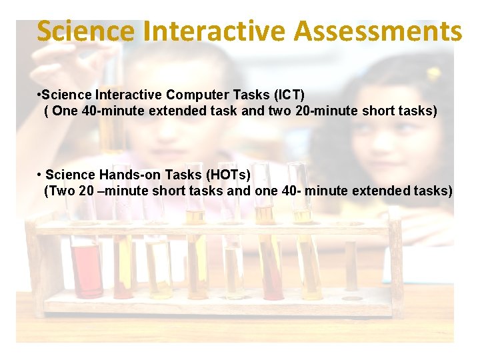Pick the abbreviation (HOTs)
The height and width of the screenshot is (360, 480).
tap(229, 175)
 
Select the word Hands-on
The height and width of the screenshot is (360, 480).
tap(124, 175)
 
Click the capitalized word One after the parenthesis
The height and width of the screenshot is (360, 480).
tap(65, 111)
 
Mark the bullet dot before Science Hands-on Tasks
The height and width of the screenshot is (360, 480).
tap(40, 175)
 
